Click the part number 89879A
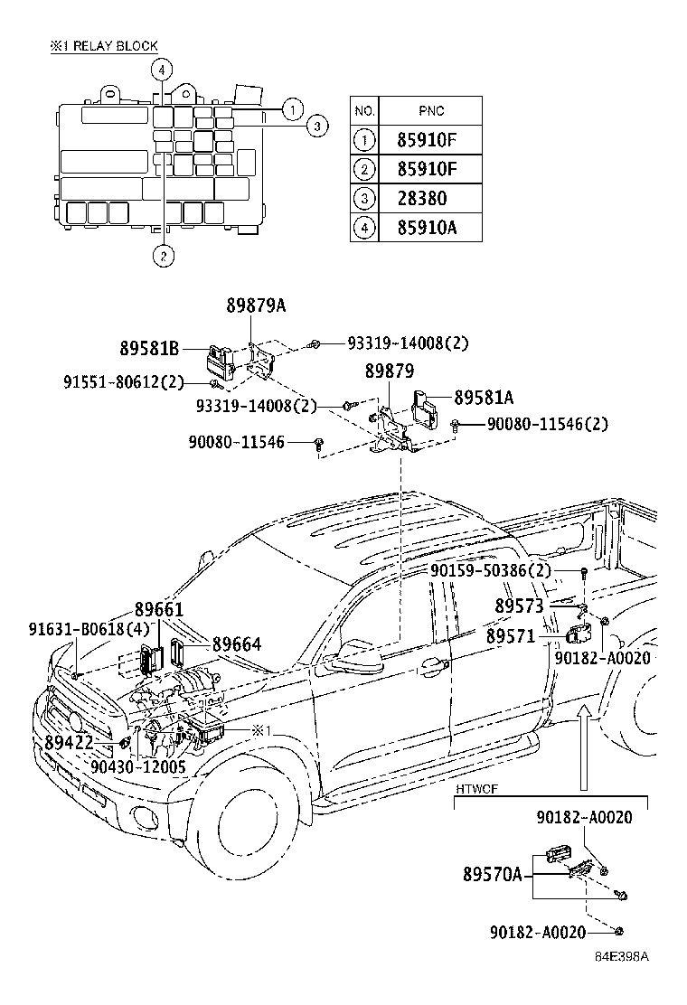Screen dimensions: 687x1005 pyautogui.click(x=256, y=305)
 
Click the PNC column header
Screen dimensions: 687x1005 pyautogui.click(x=430, y=111)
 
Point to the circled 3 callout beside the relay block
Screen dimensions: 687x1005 pyautogui.click(x=317, y=127)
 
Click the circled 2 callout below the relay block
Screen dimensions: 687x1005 pyautogui.click(x=163, y=257)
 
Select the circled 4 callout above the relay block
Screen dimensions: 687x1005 pyautogui.click(x=162, y=70)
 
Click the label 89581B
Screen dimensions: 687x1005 pyautogui.click(x=149, y=349)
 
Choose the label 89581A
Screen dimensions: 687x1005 pyautogui.click(x=484, y=398)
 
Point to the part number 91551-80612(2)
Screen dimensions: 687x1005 pyautogui.click(x=123, y=382)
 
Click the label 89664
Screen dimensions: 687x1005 pyautogui.click(x=237, y=644)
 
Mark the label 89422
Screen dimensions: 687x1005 pyautogui.click(x=70, y=743)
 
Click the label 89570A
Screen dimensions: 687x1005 pyautogui.click(x=492, y=874)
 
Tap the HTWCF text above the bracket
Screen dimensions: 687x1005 pyautogui.click(x=476, y=789)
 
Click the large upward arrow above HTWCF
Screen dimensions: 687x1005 pyautogui.click(x=583, y=747)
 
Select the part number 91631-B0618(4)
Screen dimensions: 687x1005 pyautogui.click(x=89, y=628)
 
